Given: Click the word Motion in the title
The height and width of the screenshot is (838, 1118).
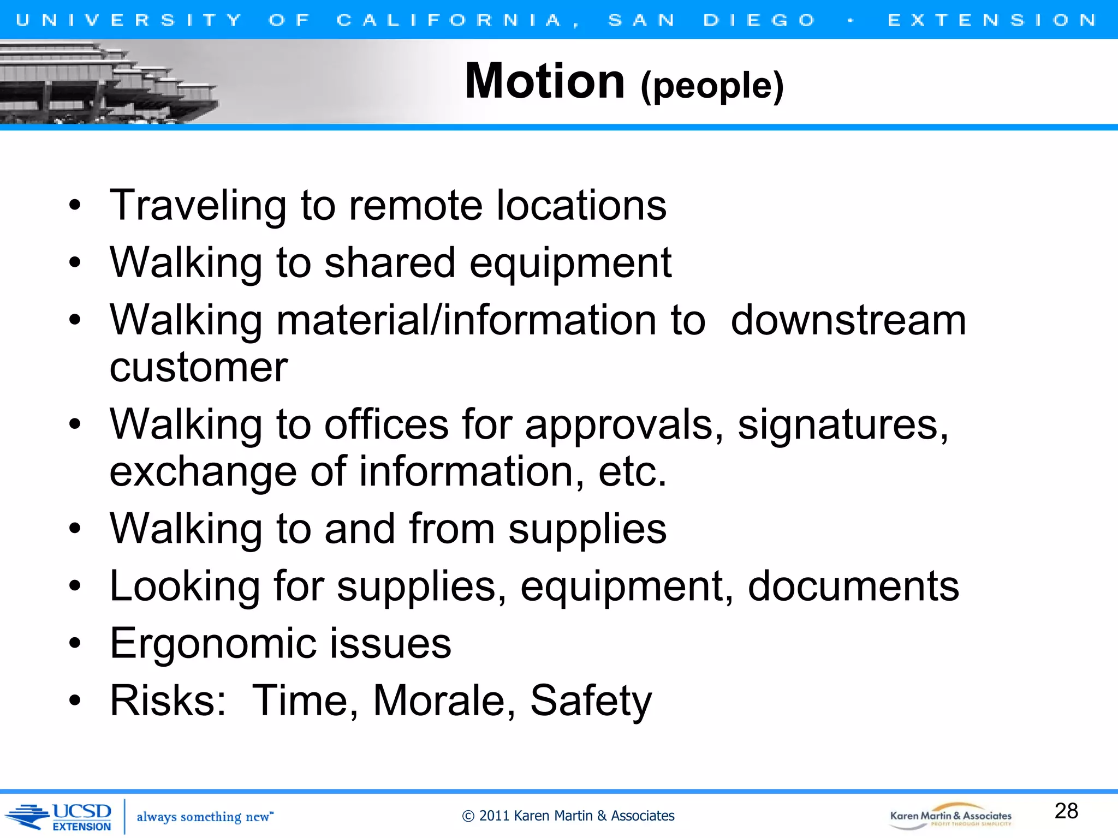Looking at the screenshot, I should pos(544,81).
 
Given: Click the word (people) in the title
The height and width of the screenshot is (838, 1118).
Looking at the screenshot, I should pos(712,86).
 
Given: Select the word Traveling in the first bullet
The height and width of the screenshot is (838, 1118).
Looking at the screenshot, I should pos(198,206).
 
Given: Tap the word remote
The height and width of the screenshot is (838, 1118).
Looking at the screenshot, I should pos(415,206).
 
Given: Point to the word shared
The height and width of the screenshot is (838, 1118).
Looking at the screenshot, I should pos(389,263).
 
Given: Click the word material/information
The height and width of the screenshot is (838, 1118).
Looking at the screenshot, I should pos(466,320).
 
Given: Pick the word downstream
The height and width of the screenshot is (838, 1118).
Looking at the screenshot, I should pos(848,320).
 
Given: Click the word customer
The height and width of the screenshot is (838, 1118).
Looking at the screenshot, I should pos(198,368).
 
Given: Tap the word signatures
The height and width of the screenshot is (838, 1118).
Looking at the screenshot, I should pos(842,425).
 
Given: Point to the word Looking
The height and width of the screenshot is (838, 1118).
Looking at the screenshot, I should pos(185,586).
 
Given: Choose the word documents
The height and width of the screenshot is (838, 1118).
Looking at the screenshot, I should pos(853,586).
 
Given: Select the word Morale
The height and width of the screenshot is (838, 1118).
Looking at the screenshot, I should pos(444,701).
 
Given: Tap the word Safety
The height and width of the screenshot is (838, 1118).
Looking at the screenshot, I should pos(591,701).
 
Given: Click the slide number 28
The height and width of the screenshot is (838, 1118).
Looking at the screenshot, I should pos(1066,811).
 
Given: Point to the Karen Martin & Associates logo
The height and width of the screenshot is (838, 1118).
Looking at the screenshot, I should pos(950,816).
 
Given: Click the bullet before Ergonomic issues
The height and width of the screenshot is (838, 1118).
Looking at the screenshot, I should pos(75,643).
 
